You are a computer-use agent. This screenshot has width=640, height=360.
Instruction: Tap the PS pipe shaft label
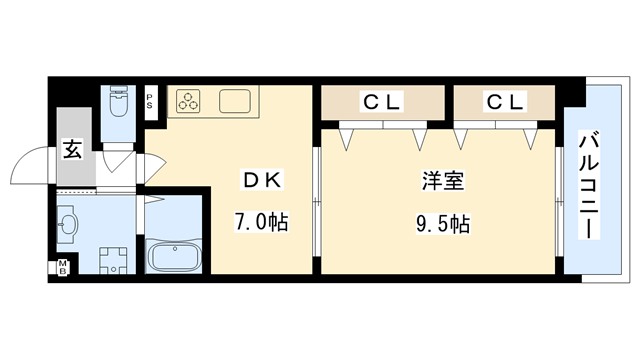coord(149,99)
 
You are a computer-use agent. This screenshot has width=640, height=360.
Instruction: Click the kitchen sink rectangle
coord(236,101)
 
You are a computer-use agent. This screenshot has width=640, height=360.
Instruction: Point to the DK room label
coord(263,180)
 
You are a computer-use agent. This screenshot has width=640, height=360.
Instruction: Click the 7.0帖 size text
coord(263,221)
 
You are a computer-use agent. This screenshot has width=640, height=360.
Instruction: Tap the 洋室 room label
coord(441,182)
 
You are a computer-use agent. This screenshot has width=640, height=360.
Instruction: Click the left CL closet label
coord(381,101)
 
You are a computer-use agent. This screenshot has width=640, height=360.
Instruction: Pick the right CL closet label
coord(502,101)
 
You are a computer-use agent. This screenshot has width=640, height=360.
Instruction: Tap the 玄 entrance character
coord(73,150)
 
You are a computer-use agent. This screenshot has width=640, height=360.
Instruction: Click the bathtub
coord(175,256)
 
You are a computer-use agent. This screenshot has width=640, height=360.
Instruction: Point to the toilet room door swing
coord(118,160)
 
